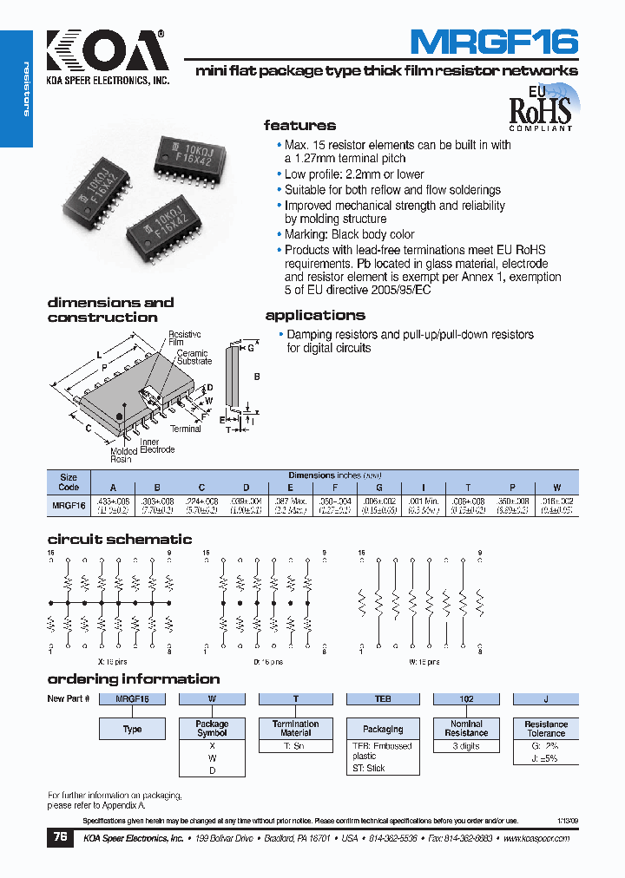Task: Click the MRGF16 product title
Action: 492,41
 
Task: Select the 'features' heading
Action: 299,126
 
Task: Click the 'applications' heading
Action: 315,316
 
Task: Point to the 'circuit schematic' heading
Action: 120,540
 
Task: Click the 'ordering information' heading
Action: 134,679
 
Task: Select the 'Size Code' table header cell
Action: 69,482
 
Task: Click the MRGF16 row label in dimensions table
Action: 69,504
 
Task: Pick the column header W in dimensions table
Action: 557,488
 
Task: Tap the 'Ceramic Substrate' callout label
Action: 194,357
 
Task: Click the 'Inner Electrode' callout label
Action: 157,445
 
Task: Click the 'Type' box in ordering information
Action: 132,729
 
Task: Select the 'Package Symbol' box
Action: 212,729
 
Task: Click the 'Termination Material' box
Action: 295,729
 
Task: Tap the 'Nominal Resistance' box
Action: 466,729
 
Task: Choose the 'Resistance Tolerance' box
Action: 546,729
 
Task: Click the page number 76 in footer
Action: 60,838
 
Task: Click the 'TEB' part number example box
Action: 382,698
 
